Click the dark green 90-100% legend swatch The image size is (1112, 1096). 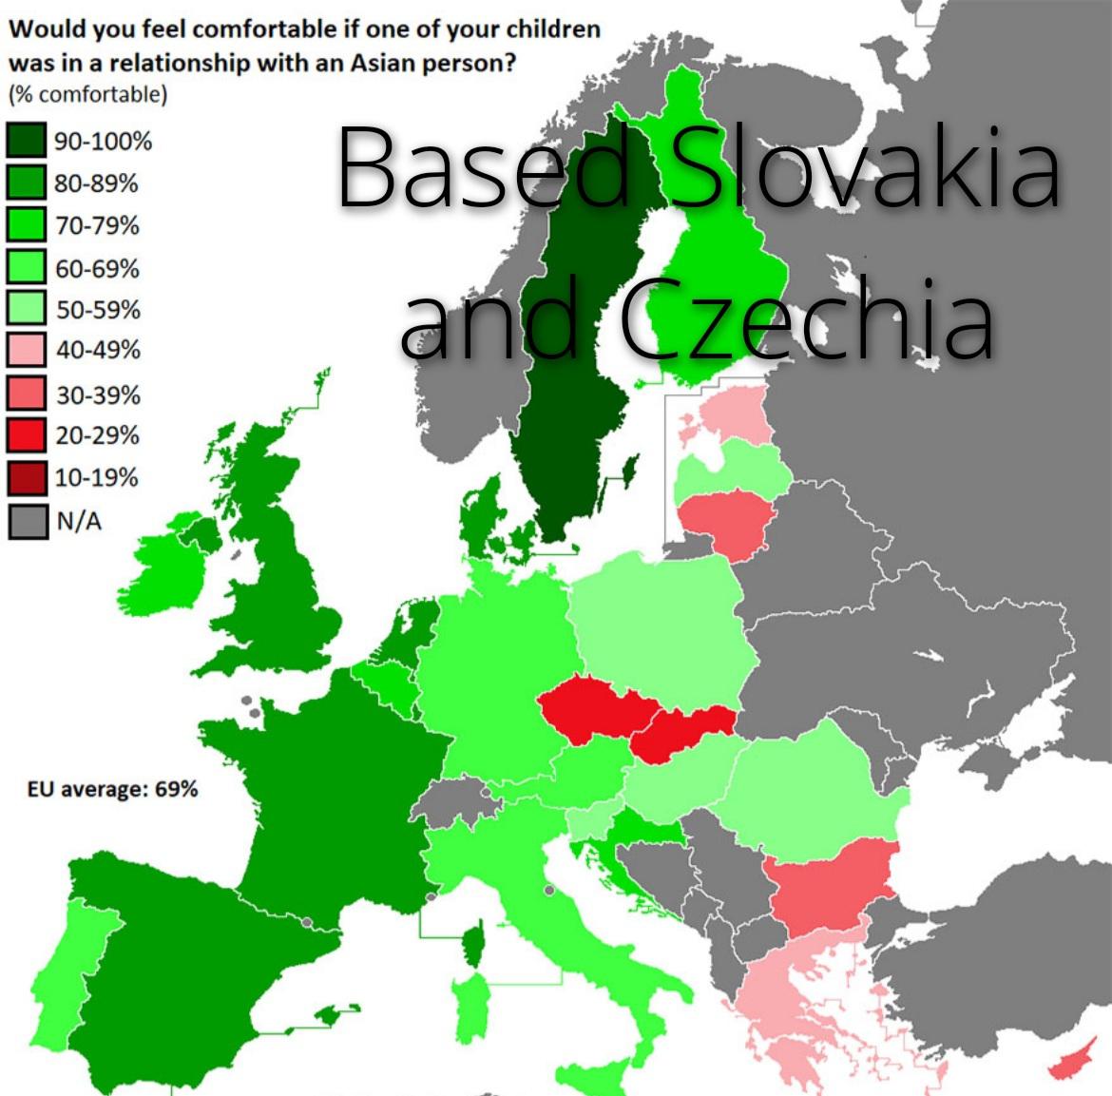pyautogui.click(x=27, y=141)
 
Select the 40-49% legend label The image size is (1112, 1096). pyautogui.click(x=97, y=350)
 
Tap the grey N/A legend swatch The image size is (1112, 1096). pyautogui.click(x=27, y=521)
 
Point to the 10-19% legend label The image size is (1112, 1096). pyautogui.click(x=96, y=477)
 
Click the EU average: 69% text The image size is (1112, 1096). pyautogui.click(x=113, y=789)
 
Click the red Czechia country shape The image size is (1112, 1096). pyautogui.click(x=585, y=708)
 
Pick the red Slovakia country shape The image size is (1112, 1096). pyautogui.click(x=680, y=732)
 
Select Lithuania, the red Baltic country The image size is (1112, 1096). pyautogui.click(x=727, y=520)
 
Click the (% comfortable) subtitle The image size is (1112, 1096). pyautogui.click(x=87, y=94)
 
